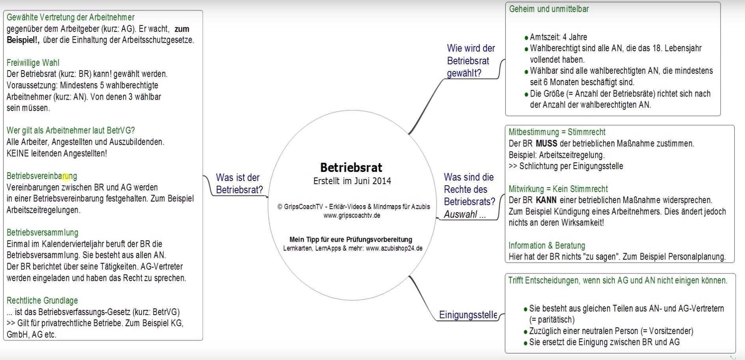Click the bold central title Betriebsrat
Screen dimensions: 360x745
point(351,168)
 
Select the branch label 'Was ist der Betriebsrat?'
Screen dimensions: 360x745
point(239,184)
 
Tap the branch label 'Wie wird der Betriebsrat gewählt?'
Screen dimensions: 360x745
point(471,61)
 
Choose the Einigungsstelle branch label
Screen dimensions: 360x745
point(468,315)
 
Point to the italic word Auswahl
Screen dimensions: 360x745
point(460,215)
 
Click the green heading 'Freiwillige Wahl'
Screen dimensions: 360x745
point(33,63)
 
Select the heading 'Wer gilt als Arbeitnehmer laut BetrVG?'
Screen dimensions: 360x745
point(71,131)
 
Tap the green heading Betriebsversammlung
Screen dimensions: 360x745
point(42,233)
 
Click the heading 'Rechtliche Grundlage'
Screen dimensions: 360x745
point(42,300)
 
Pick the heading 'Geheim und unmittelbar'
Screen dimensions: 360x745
point(549,9)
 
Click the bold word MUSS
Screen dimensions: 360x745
point(546,144)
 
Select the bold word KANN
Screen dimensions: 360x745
point(546,200)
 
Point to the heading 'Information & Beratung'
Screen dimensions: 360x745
point(547,246)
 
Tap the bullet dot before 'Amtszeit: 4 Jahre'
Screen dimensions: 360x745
point(526,38)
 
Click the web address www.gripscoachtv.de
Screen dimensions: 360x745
point(352,215)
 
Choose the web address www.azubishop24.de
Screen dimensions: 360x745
point(394,248)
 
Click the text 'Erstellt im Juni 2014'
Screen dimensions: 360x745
point(352,181)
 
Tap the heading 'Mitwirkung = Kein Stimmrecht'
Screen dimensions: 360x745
point(558,189)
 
